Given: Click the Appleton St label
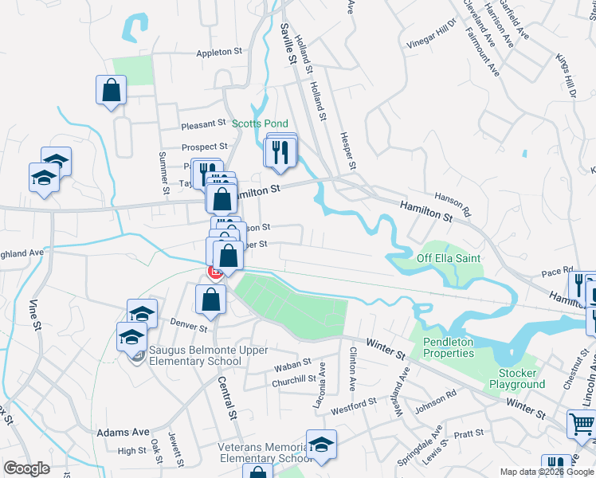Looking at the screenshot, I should [219, 53].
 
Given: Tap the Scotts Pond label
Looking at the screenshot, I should [260, 124].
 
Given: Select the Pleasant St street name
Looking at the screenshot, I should [204, 125].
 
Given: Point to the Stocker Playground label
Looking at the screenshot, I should [522, 378].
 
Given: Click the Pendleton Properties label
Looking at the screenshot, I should [447, 347].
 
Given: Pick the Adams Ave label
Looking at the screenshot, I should [123, 433].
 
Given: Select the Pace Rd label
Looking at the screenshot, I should [557, 271].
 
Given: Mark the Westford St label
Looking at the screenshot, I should [353, 406].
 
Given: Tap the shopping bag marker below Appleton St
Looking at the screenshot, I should [112, 90].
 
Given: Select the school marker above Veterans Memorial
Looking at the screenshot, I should [320, 445].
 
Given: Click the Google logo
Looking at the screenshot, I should [26, 469].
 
